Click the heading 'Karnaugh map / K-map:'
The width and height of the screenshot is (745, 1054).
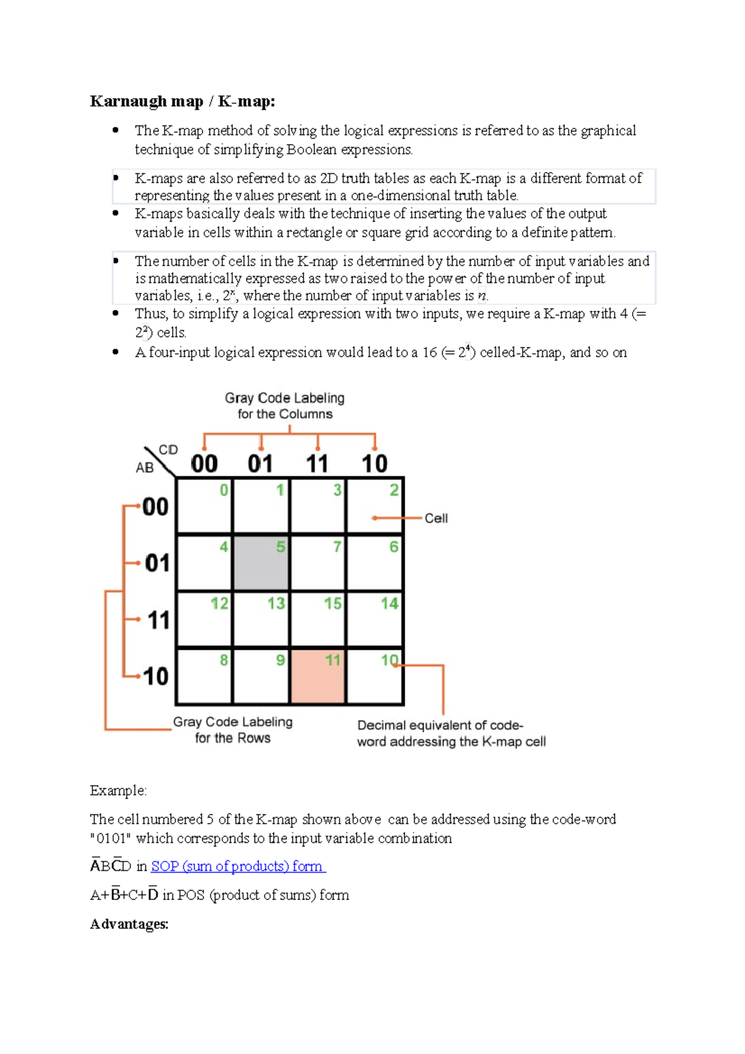tap(183, 101)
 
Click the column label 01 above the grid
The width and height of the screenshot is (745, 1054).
tap(260, 464)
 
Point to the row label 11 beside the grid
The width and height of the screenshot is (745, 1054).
tap(158, 620)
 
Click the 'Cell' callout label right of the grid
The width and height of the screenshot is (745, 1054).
tap(436, 518)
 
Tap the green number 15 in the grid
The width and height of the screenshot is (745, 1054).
tap(333, 603)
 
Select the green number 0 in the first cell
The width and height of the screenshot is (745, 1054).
tap(223, 490)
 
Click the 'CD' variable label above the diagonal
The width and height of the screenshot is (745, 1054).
tap(168, 449)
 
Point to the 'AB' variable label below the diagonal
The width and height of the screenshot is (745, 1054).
tap(145, 468)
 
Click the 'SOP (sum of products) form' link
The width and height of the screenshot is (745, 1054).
tap(238, 867)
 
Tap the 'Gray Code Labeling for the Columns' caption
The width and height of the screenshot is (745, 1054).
tap(285, 406)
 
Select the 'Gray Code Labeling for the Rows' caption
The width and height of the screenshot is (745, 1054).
tap(233, 730)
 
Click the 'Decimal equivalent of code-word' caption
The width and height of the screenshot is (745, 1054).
tap(451, 734)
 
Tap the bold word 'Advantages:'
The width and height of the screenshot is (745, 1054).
tap(129, 924)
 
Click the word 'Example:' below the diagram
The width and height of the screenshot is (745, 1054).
tap(118, 791)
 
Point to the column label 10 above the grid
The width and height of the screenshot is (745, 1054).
tap(374, 464)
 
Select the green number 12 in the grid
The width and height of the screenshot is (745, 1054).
tap(219, 603)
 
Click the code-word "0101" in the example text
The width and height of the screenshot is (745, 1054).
tap(111, 839)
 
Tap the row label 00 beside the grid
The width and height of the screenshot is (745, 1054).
tap(155, 507)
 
